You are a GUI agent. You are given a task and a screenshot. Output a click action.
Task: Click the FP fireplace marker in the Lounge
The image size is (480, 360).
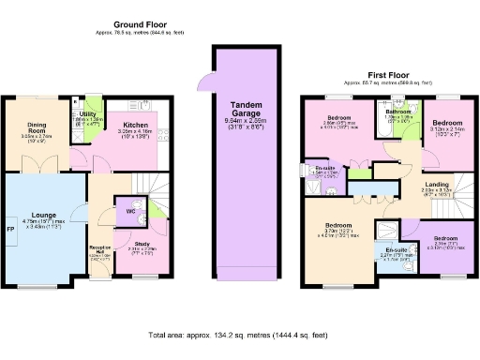click(10, 229)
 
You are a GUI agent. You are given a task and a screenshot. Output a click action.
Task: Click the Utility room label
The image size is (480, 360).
click(89, 114)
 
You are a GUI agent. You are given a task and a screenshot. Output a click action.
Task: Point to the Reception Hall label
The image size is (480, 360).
click(97, 249)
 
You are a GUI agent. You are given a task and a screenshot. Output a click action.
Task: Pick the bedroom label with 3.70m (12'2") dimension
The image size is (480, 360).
click(338, 226)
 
